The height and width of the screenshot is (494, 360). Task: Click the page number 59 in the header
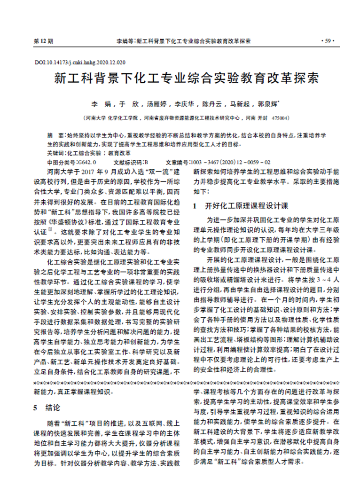coord(327,41)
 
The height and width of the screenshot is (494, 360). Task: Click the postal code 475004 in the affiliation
coord(281,118)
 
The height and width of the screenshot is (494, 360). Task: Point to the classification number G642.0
coord(86,161)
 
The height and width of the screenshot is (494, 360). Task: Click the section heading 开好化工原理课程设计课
coord(246,206)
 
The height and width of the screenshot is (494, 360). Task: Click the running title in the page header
coord(183,41)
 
